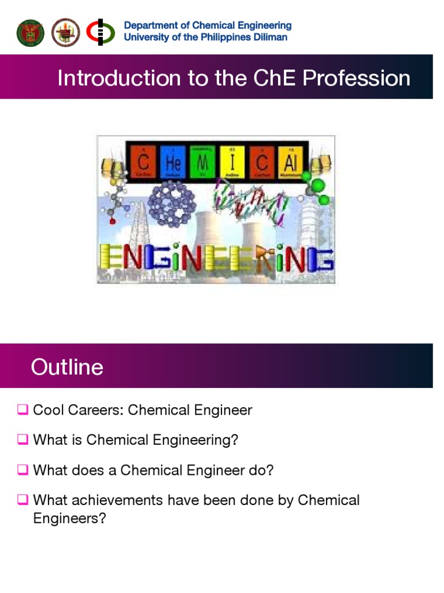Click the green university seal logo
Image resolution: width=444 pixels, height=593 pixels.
30,32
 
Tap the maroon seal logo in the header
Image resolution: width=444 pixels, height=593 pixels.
65,32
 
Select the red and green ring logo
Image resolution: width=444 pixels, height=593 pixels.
100,32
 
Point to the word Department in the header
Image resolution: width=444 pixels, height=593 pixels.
149,25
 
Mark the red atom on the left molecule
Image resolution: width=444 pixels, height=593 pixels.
113,221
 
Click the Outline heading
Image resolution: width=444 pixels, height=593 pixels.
67,367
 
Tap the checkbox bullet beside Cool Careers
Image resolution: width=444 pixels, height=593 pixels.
23,411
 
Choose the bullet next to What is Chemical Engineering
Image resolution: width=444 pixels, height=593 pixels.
23,440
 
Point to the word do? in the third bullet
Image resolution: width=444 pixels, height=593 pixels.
261,470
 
